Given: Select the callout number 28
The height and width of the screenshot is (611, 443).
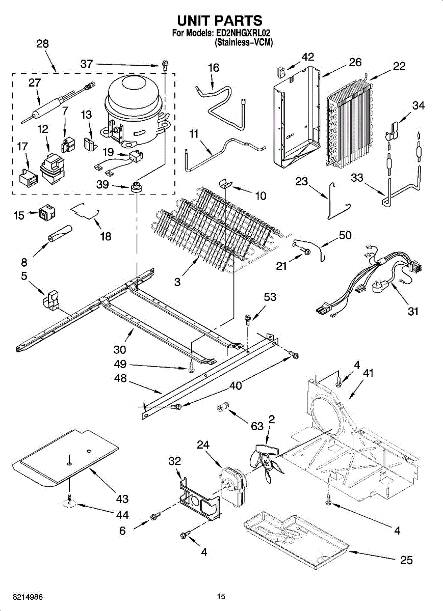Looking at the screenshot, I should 42,44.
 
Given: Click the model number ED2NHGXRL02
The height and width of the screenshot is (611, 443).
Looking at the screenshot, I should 242,33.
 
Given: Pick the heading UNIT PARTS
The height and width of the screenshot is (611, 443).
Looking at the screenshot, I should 220,20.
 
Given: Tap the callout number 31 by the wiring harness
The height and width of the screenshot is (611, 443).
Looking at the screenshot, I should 413,311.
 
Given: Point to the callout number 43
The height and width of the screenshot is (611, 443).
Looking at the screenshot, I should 122,498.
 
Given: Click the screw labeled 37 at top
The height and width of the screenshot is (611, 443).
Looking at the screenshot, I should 164,65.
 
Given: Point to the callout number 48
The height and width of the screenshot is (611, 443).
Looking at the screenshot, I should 121,380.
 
